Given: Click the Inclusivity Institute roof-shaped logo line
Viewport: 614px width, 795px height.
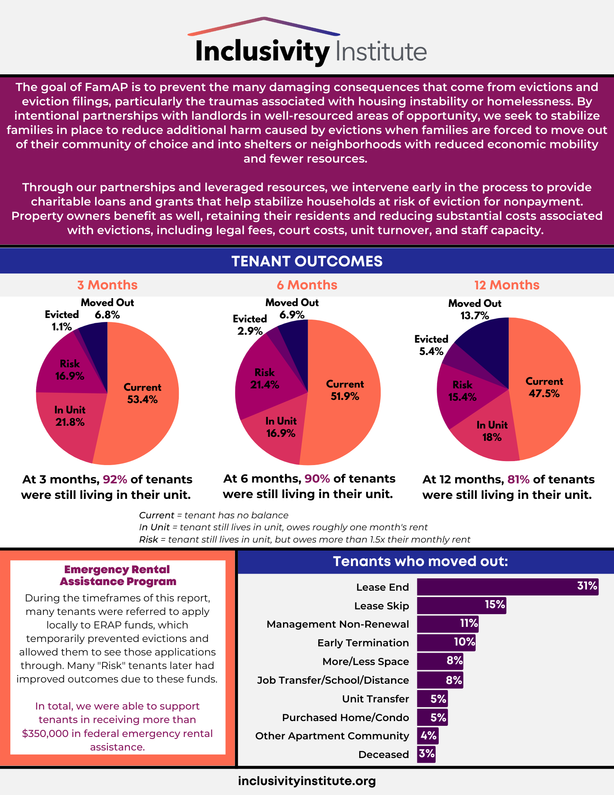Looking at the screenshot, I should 264,25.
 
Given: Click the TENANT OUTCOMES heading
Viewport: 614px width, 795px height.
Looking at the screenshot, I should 307,261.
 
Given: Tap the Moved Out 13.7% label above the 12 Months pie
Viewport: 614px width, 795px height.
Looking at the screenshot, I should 475,310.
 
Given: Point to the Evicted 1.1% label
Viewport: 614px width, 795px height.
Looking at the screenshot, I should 62,320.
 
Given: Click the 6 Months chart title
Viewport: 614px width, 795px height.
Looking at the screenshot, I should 307,285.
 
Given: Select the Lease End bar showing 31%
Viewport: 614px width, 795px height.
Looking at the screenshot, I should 507,587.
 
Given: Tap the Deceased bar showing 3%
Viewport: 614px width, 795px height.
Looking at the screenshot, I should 426,754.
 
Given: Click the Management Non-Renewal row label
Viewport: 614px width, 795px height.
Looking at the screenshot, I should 337,624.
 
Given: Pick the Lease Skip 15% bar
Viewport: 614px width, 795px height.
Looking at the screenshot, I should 461,605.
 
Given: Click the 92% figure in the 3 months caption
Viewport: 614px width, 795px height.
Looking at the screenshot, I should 115,479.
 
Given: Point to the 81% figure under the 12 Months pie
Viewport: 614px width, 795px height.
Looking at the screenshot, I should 518,479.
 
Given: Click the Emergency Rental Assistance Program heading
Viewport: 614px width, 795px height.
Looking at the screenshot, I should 118,575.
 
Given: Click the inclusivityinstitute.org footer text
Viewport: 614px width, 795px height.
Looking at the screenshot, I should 307,781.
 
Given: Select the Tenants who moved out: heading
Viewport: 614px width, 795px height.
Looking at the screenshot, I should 420,561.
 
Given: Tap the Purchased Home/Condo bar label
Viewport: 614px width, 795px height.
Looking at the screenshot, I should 345,717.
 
